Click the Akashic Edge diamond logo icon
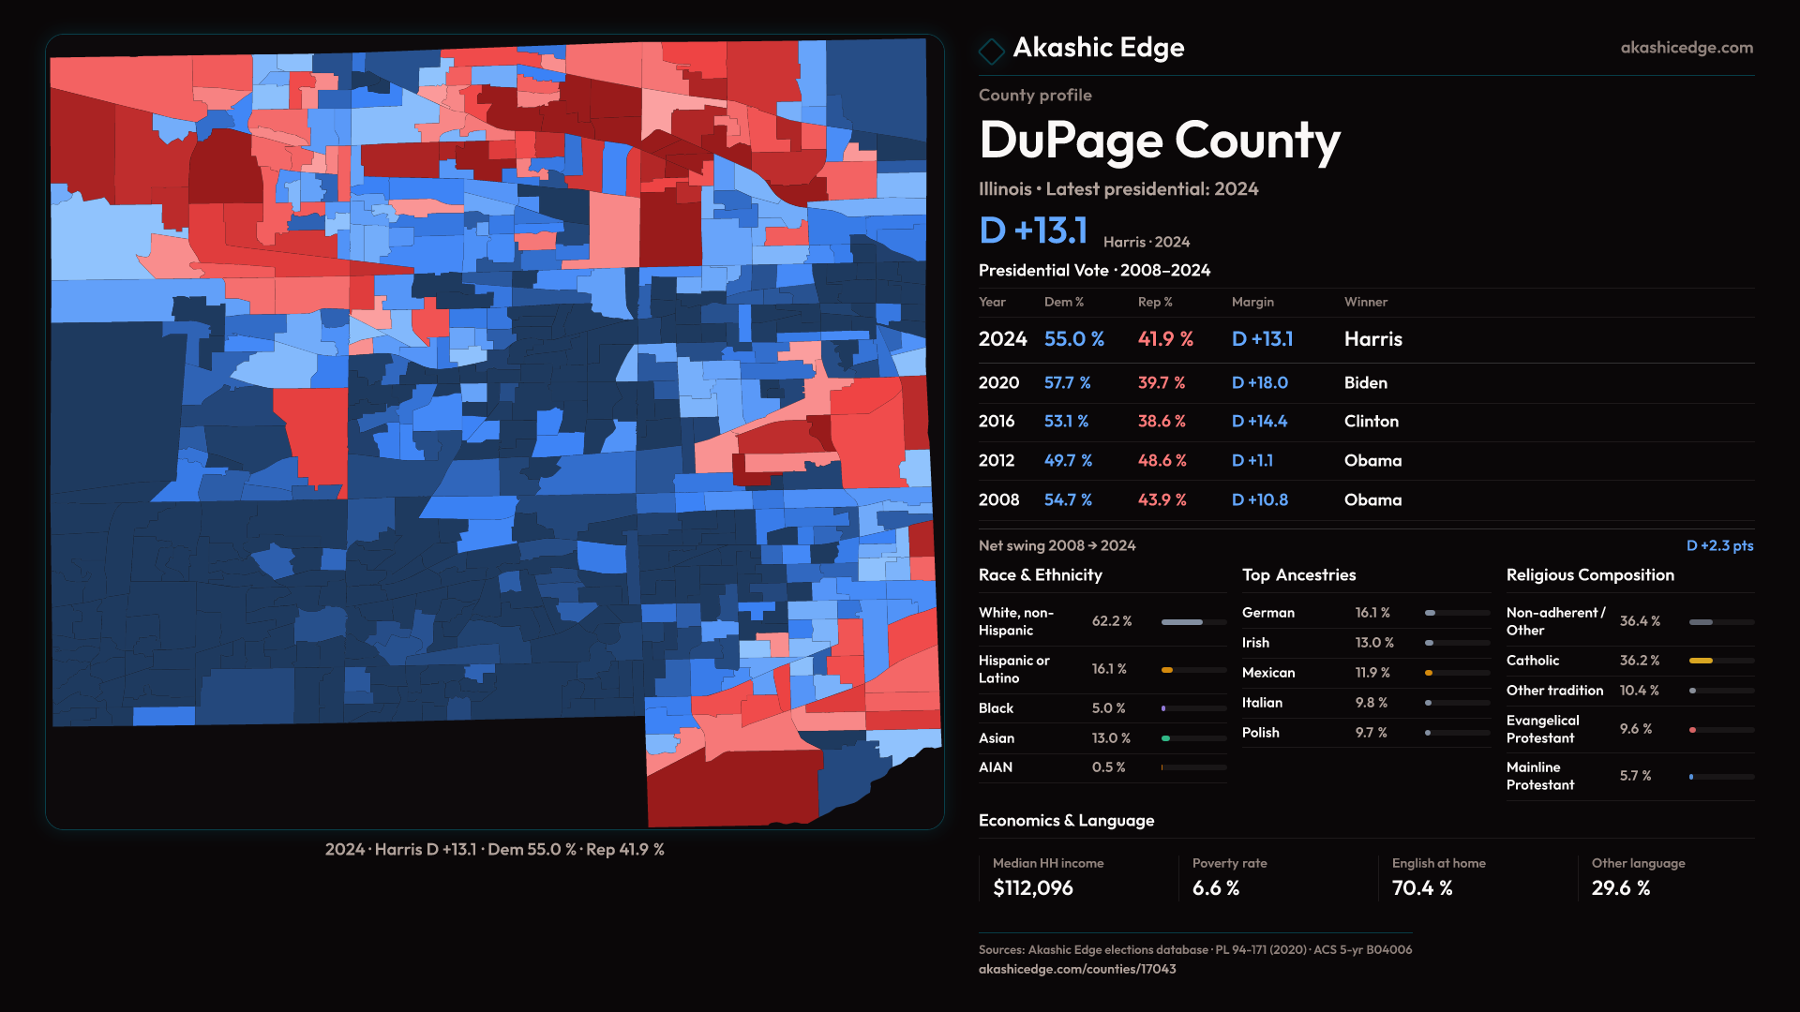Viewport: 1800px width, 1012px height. click(991, 50)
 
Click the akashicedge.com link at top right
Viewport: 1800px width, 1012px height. click(1686, 48)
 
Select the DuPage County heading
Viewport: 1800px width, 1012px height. click(1159, 141)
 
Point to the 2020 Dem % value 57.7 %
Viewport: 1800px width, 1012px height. click(1067, 383)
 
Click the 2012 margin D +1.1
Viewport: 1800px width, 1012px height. click(1252, 461)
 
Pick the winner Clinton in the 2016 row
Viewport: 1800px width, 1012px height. click(1371, 422)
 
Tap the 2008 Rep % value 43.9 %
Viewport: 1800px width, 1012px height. click(1162, 500)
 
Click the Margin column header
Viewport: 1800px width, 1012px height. click(1252, 302)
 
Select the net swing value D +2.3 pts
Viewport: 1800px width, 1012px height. click(1718, 545)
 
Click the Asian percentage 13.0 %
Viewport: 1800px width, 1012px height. click(1111, 738)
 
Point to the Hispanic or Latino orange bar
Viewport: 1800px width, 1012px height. click(1167, 670)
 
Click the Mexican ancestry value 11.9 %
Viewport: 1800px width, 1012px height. click(1372, 673)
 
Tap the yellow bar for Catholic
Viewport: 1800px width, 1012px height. click(1701, 661)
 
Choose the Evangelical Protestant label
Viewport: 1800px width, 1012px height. click(1542, 729)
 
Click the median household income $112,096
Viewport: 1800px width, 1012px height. click(1032, 888)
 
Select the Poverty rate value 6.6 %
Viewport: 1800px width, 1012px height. click(1215, 888)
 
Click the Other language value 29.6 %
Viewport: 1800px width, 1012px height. click(1620, 888)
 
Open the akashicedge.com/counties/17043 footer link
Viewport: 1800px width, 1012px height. click(1076, 969)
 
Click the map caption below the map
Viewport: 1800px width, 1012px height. click(494, 850)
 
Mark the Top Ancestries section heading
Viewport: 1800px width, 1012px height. click(1298, 575)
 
